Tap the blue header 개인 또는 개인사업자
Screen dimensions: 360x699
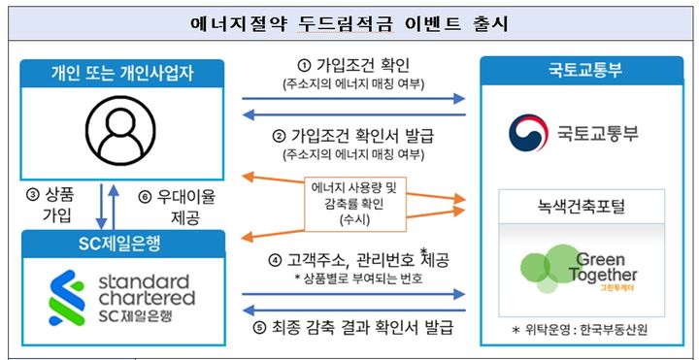point(122,73)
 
